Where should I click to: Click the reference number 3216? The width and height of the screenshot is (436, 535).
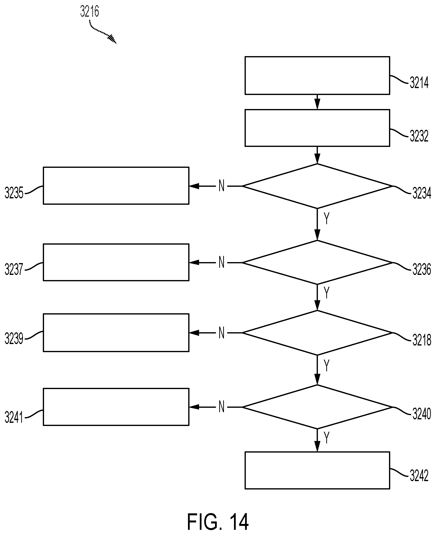[89, 11]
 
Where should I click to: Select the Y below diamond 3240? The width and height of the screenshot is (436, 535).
[327, 438]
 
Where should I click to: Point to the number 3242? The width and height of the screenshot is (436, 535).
[419, 475]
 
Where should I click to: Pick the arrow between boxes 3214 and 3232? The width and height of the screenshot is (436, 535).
[317, 102]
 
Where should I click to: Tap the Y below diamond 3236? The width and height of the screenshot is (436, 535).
[327, 293]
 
